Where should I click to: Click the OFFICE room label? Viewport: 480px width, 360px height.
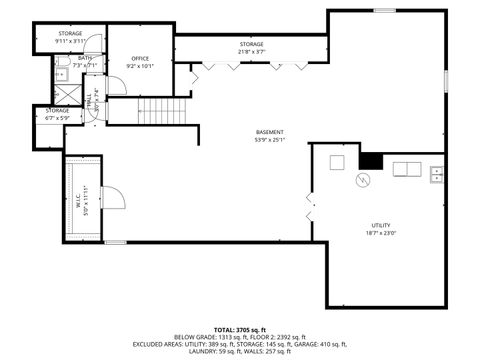[140, 59]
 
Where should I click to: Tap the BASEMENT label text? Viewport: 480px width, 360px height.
[269, 132]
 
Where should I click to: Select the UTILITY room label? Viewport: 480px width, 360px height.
[380, 225]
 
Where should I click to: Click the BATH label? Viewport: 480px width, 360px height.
[85, 58]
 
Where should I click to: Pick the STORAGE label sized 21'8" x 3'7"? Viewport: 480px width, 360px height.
[251, 44]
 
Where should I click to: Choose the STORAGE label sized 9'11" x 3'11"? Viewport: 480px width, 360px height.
[70, 34]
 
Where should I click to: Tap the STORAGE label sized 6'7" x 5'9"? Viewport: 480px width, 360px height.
[56, 110]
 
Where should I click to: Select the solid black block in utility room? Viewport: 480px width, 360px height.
[372, 160]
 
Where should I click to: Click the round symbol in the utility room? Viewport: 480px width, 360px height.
[364, 180]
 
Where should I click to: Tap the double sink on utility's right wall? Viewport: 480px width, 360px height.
[436, 175]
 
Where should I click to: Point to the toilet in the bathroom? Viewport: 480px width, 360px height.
[60, 74]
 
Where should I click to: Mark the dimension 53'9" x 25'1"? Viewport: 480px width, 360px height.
[269, 140]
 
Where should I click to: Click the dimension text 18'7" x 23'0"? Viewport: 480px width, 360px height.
[380, 233]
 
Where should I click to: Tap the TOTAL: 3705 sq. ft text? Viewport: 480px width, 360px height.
[240, 328]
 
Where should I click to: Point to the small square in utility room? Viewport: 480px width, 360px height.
[337, 162]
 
